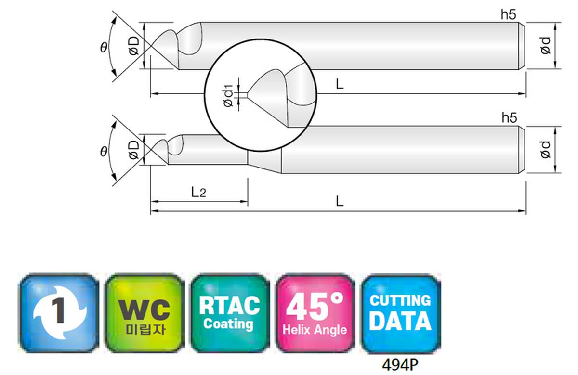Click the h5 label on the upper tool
[x=508, y=14]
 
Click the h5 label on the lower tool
[x=509, y=118]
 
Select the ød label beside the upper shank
[x=545, y=46]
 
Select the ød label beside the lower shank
[x=545, y=150]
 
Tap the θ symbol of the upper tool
[x=104, y=48]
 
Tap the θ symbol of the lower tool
[x=104, y=152]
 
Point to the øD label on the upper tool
[x=134, y=46]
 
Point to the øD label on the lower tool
[x=134, y=150]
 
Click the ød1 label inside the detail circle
[x=228, y=95]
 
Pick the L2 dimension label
[x=198, y=192]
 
